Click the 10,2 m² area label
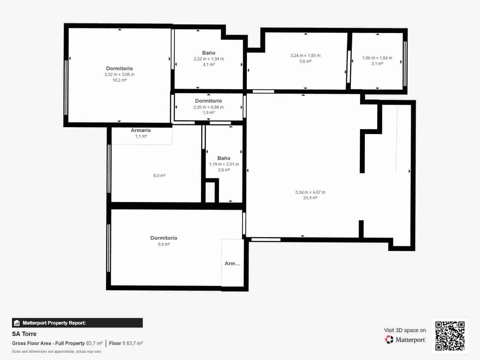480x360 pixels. (119, 80)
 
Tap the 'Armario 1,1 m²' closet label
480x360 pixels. (141, 133)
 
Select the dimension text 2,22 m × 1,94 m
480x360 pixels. (208, 59)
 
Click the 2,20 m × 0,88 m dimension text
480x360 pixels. (208, 107)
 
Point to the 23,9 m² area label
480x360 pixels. (310, 198)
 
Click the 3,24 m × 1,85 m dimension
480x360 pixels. (305, 55)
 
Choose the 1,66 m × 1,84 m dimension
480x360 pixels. (377, 58)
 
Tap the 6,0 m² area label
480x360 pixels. (159, 175)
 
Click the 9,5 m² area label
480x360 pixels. (164, 244)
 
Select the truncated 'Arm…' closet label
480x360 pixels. (232, 263)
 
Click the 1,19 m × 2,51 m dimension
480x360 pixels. (224, 164)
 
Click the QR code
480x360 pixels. (450, 336)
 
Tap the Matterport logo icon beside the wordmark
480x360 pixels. (389, 340)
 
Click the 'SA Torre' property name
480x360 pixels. (24, 334)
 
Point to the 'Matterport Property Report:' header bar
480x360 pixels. (77, 323)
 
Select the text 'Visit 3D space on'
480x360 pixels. (405, 330)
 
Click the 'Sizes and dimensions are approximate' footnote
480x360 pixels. (56, 351)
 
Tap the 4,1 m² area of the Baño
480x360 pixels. (208, 64)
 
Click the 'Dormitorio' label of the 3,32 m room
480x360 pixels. (119, 68)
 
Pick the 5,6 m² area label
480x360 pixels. (305, 61)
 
